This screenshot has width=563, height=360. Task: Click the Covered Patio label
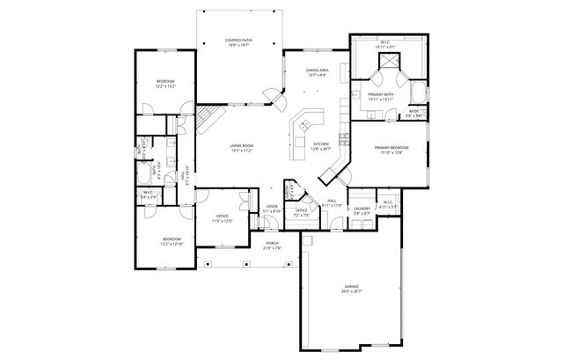click(238, 42)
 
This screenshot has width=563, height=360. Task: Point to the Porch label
click(271, 246)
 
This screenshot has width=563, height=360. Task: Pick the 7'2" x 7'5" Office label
click(301, 212)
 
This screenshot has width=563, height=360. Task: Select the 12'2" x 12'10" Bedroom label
click(172, 240)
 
